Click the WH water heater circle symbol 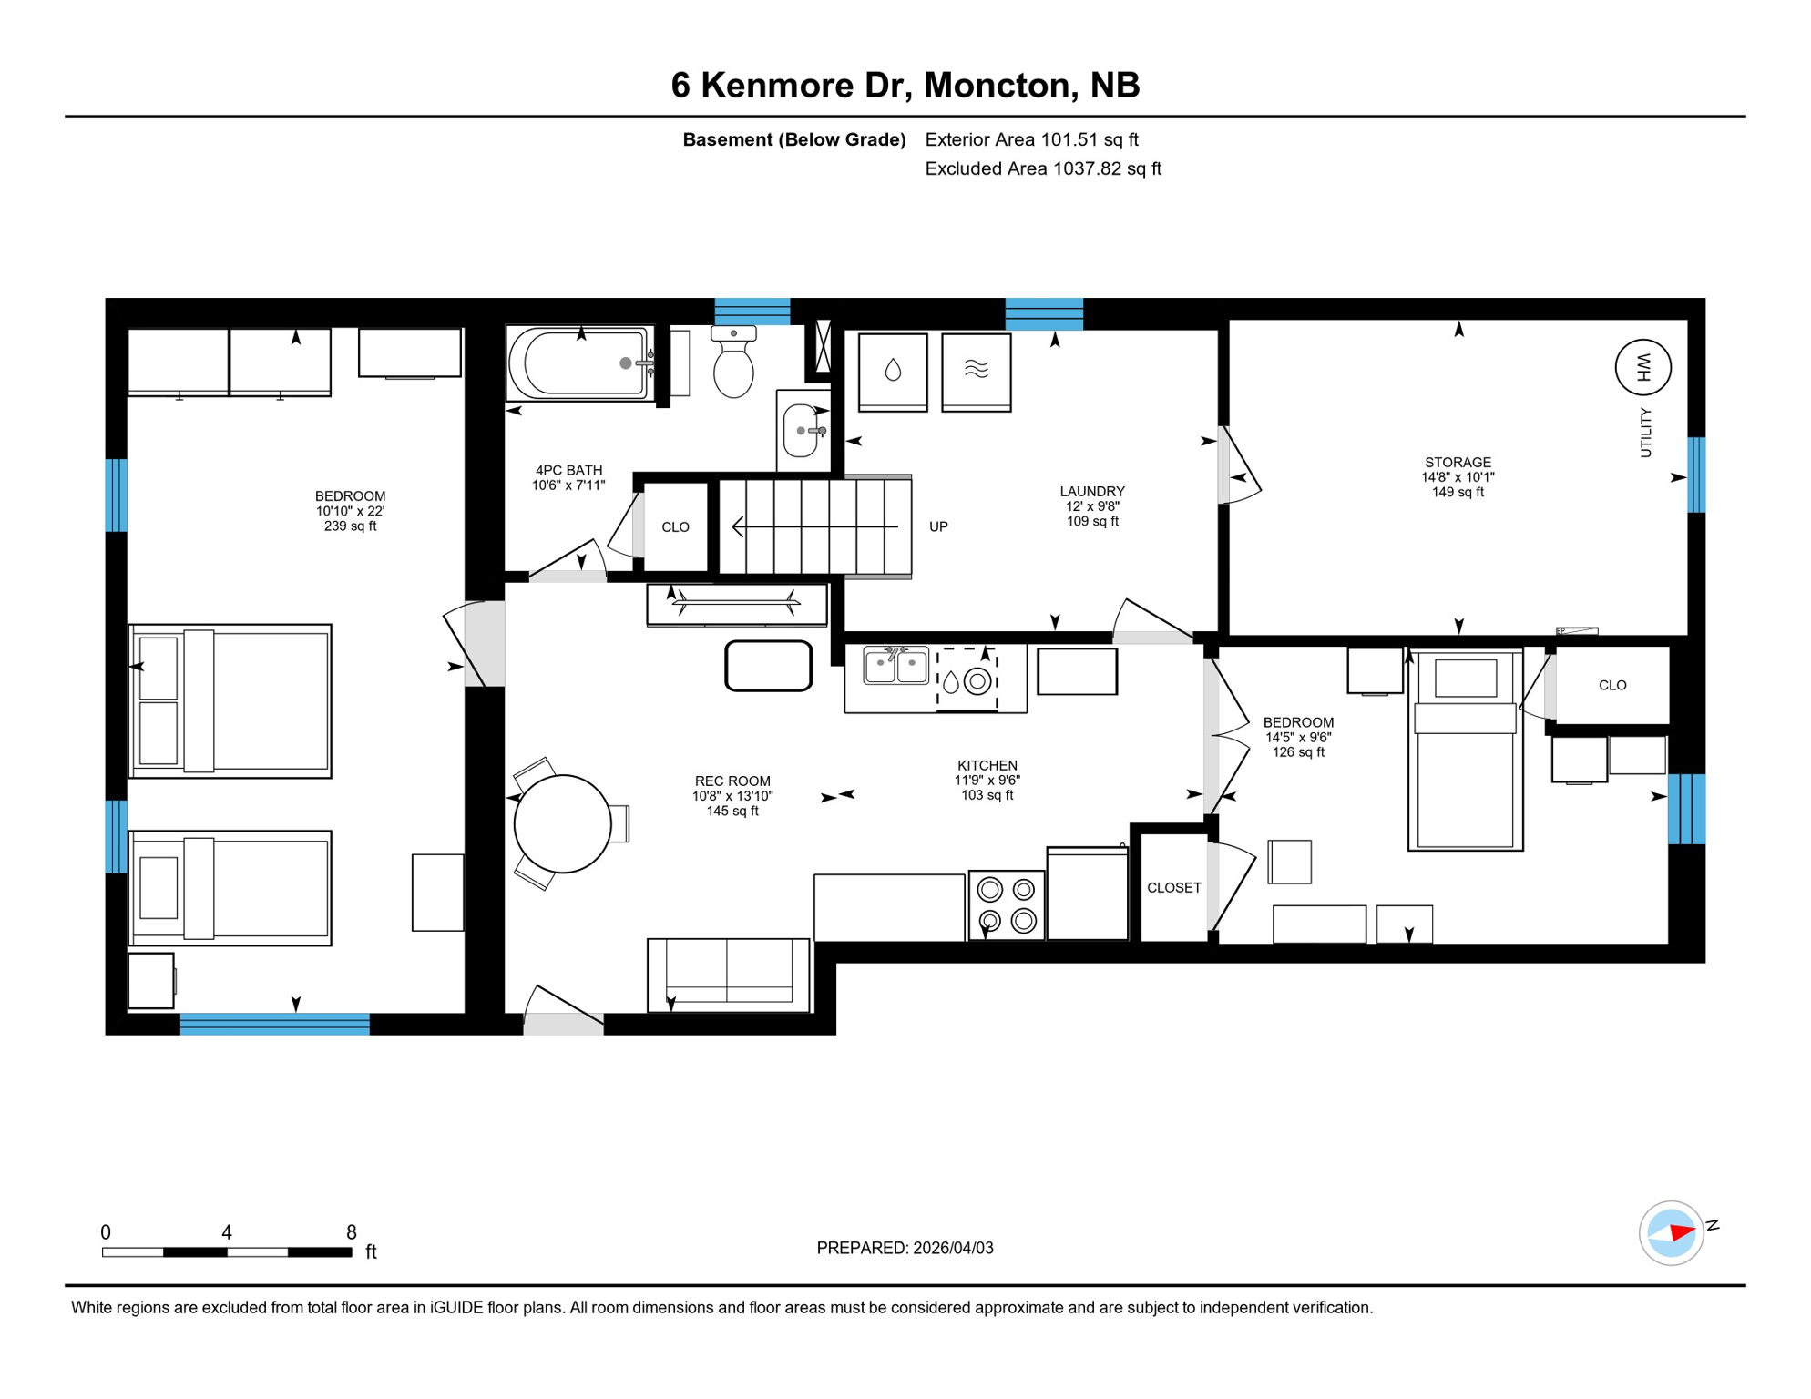tap(1642, 367)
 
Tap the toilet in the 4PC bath tap(733, 364)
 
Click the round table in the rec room tap(562, 823)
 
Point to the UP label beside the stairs tap(938, 526)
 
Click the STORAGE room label tap(1458, 463)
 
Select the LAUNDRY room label tap(1091, 492)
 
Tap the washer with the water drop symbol tap(893, 371)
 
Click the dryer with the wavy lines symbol tap(976, 371)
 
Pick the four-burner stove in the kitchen tap(1006, 904)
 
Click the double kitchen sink tap(895, 666)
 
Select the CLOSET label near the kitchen tap(1173, 887)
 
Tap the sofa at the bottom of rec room tap(728, 974)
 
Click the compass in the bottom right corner tap(1671, 1233)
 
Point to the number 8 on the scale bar tap(352, 1232)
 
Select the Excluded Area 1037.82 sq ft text tap(1042, 168)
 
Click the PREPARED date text tap(905, 1248)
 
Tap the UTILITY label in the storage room tap(1645, 433)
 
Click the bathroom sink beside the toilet tap(802, 430)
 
